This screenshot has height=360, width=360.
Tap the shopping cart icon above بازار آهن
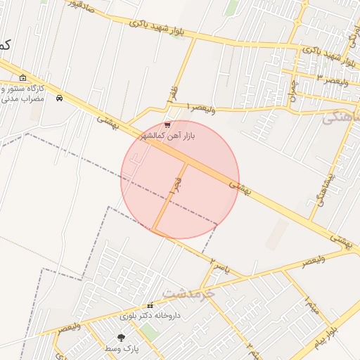click(167, 124)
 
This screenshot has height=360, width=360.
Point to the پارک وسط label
click(122, 349)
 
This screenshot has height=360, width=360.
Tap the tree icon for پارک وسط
click(122, 338)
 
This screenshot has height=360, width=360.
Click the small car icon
click(59, 98)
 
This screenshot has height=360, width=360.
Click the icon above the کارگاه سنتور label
click(23, 78)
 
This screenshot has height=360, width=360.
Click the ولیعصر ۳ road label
click(331, 79)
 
